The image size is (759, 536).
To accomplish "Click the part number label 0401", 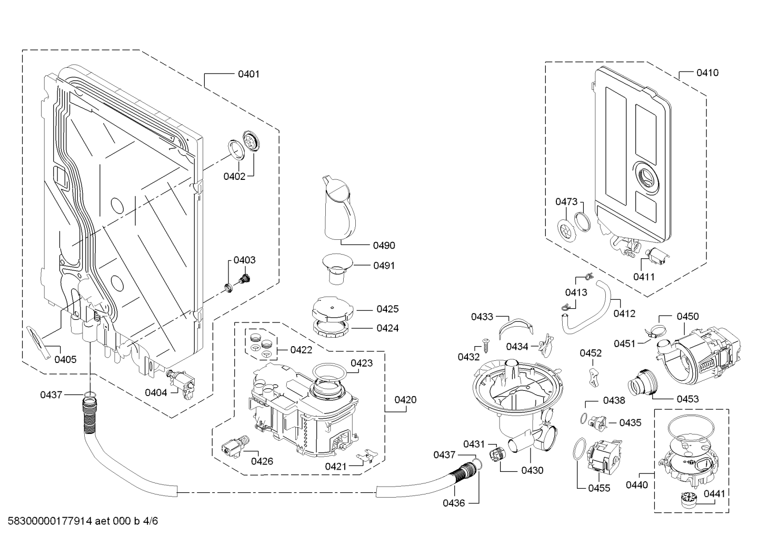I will [248, 74].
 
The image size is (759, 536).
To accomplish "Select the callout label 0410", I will [707, 73].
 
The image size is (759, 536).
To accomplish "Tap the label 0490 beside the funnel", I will [384, 245].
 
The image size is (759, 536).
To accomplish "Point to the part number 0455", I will [599, 488].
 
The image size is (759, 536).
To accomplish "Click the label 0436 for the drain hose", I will [453, 503].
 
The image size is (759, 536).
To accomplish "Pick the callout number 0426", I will [262, 461].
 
